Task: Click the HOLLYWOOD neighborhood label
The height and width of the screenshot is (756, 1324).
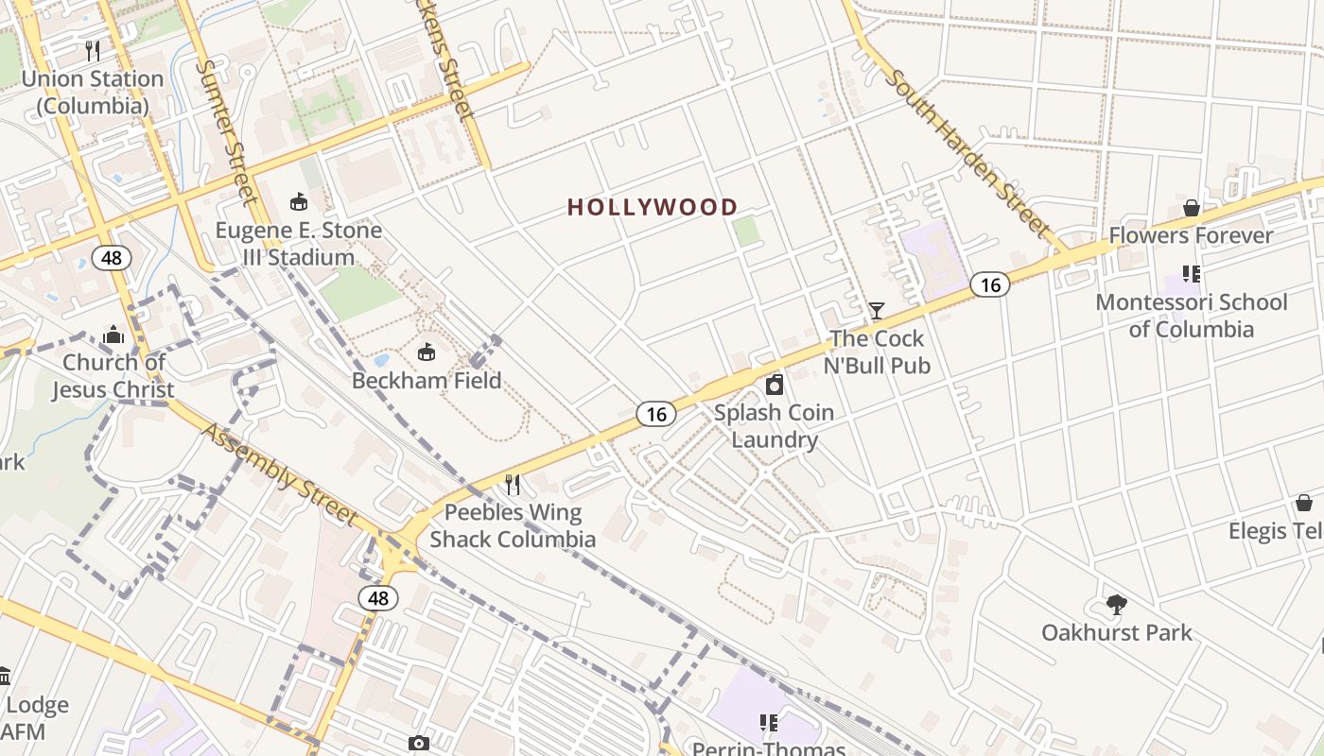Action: pos(652,207)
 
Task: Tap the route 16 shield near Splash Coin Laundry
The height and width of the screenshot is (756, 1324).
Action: pos(656,414)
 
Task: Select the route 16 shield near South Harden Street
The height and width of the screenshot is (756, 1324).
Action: pos(989,283)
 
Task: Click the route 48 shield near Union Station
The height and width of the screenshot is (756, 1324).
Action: pos(112,257)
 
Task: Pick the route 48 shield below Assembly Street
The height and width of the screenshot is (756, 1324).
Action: pos(378,598)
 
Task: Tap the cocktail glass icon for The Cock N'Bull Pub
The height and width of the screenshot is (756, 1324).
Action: pos(877,310)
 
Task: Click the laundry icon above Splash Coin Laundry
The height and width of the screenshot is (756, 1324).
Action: pos(775,385)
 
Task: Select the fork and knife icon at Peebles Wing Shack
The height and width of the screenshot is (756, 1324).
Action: pos(513,485)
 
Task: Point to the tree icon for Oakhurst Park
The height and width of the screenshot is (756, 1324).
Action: pos(1117,605)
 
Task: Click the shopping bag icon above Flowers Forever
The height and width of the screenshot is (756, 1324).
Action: pos(1192,208)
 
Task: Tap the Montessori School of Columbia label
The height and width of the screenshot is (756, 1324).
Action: pos(1191,316)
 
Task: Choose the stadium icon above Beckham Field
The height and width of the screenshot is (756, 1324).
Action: pos(427,352)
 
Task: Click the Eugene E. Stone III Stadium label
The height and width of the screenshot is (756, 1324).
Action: pos(299,244)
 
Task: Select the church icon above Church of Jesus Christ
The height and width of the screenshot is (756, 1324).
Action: pos(113,334)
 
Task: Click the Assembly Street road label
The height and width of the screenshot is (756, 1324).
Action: pos(281,473)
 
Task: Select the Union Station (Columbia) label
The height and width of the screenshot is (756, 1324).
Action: pos(93,92)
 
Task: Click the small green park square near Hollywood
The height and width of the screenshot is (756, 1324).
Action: pos(746,231)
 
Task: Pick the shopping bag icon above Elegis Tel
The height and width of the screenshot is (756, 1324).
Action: pos(1303,503)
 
